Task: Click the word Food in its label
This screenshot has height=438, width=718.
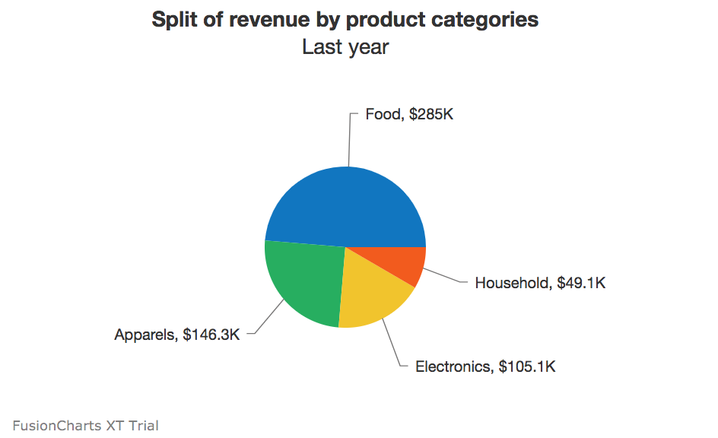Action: click(383, 114)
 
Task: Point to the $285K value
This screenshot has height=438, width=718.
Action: click(431, 114)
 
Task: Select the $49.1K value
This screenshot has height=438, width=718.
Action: click(581, 283)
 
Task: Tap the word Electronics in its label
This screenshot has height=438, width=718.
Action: click(453, 367)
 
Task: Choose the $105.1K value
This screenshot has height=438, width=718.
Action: click(528, 367)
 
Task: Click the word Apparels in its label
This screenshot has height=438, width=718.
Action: click(145, 335)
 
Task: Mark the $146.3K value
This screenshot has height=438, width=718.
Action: click(211, 335)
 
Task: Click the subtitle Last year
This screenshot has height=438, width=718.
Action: click(345, 47)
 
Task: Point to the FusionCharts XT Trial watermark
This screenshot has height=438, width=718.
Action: click(85, 425)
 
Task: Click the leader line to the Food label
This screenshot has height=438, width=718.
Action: click(349, 141)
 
